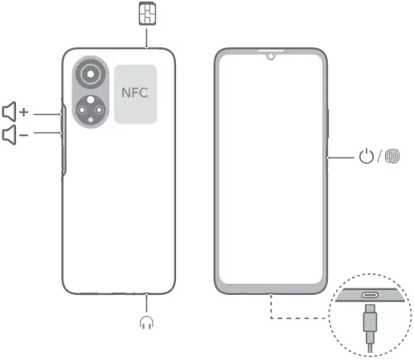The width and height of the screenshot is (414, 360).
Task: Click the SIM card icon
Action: pyautogui.click(x=148, y=14)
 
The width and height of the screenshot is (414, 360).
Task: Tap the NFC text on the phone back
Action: pyautogui.click(x=134, y=92)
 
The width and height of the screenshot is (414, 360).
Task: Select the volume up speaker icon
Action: pyautogui.click(x=10, y=112)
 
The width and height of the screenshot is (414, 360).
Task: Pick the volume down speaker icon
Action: pyautogui.click(x=10, y=134)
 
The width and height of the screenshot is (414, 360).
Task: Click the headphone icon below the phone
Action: pyautogui.click(x=146, y=322)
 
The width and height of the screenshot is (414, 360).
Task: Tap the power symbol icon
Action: pyautogui.click(x=367, y=156)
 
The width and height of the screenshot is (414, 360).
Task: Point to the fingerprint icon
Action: pyautogui.click(x=392, y=156)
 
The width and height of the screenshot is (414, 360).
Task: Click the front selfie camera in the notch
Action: pyautogui.click(x=271, y=56)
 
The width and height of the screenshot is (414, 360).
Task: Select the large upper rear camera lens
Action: pyautogui.click(x=91, y=74)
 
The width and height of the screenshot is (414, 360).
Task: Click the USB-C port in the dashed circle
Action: pyautogui.click(x=371, y=295)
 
